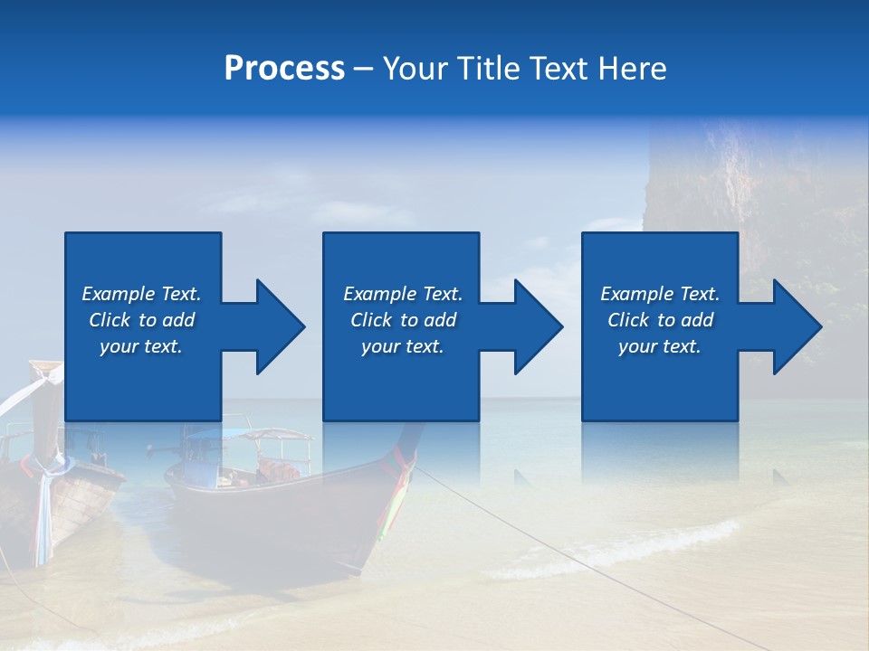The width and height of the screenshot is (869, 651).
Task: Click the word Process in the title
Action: tap(284, 69)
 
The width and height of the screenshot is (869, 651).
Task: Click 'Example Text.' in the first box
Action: tap(141, 294)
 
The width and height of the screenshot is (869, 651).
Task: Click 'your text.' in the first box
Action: tap(141, 346)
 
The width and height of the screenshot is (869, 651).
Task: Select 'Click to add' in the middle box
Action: tap(403, 320)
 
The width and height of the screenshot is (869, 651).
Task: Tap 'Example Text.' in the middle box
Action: tap(403, 294)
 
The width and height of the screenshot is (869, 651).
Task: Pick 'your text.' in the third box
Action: tap(660, 346)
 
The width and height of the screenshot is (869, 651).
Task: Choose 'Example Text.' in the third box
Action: tap(660, 294)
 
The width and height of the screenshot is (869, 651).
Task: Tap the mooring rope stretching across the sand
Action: tap(543, 542)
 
